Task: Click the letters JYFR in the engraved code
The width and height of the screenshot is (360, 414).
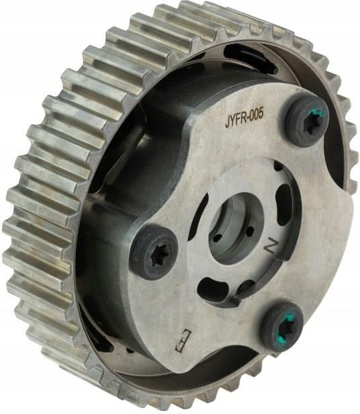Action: point(236,120)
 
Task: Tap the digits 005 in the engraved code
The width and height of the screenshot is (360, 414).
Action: point(256,114)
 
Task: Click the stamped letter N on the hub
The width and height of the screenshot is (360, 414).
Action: point(270,246)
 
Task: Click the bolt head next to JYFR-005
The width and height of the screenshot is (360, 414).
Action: point(307,120)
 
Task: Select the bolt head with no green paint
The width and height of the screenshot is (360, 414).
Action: point(155,253)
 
